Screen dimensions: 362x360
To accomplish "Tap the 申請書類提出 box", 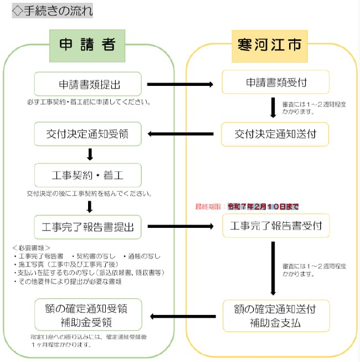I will coord(89,84).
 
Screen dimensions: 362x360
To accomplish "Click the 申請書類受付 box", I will coord(275,83).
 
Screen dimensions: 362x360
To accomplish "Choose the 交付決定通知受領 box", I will coord(89,134).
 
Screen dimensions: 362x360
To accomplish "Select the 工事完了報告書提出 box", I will coord(89,226).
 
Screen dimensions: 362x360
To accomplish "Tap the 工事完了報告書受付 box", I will coord(275,226).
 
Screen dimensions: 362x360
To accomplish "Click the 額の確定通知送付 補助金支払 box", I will coord(275,315).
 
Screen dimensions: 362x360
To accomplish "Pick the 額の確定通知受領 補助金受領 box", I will coord(89,315).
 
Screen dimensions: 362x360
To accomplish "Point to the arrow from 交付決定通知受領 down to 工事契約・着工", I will coord(89,154).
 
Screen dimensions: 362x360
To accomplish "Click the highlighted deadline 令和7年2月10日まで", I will coord(263,207).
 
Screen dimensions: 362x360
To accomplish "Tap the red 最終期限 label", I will coord(207,207).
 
